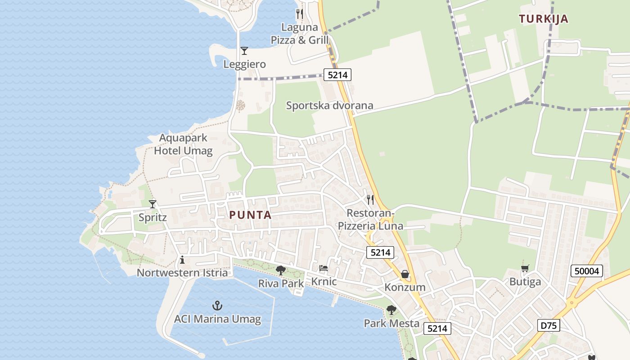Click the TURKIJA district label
point(543,19)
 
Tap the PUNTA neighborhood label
point(251,215)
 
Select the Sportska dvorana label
point(330,106)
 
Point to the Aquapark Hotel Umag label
point(183,144)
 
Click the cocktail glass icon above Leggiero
point(244,51)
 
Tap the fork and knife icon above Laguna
point(300,14)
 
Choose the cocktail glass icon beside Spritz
point(153,204)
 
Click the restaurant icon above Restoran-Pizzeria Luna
point(370,199)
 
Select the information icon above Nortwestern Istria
point(182,260)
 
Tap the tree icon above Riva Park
point(281,270)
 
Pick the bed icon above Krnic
point(324,269)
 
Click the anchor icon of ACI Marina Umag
point(217,306)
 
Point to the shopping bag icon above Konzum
point(405,274)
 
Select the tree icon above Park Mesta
point(391,310)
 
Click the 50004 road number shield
point(587,271)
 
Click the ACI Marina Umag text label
point(217,319)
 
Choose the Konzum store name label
point(405,287)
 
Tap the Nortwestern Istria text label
point(182,273)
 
